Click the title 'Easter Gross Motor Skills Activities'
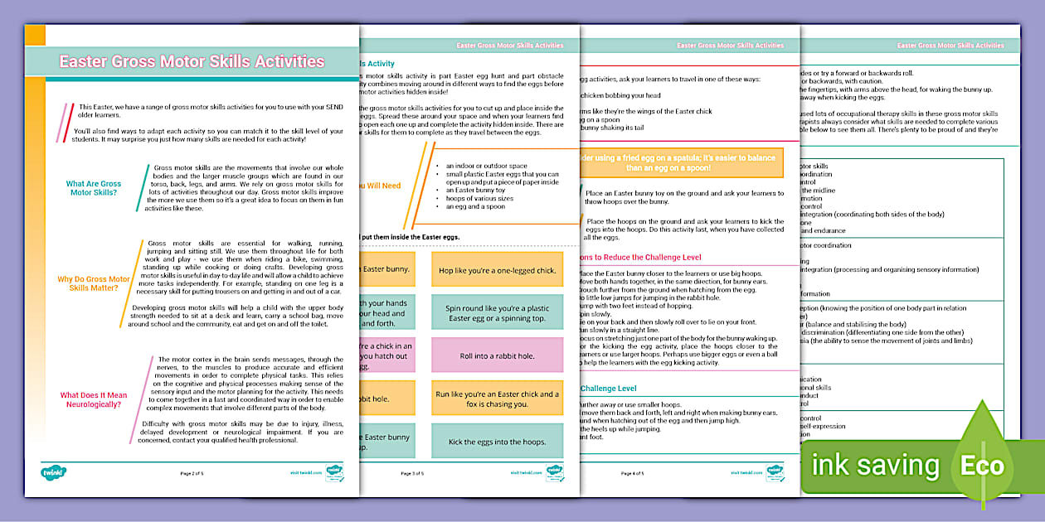(x=192, y=62)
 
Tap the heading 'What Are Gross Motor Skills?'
(x=94, y=188)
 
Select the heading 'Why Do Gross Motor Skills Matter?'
(x=94, y=284)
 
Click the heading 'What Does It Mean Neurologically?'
(x=93, y=400)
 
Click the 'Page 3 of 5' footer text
(x=412, y=473)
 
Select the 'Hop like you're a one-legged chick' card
(x=497, y=270)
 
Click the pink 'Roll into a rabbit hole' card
(x=497, y=356)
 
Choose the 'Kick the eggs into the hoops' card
(x=497, y=442)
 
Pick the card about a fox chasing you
(x=497, y=399)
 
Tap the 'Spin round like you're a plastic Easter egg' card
(x=497, y=313)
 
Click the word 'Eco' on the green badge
(x=983, y=465)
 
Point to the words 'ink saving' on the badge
(x=875, y=466)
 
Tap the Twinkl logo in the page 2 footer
(x=54, y=472)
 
